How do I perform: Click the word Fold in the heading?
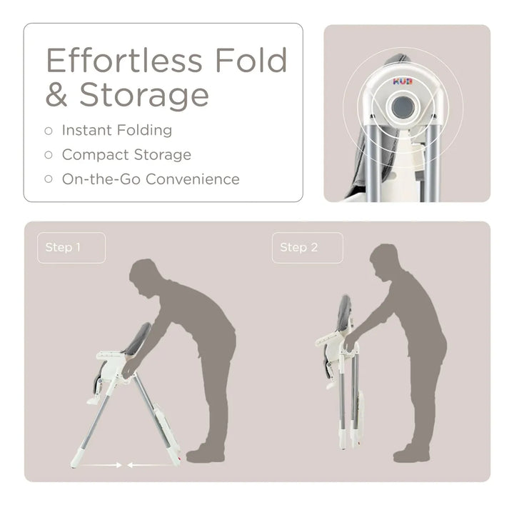(251, 61)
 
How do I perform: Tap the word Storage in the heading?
(144, 95)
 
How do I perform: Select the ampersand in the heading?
(60, 95)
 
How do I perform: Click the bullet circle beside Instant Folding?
(49, 131)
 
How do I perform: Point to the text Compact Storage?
(126, 154)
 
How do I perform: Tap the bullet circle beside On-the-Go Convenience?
(49, 179)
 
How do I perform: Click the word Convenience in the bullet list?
(192, 179)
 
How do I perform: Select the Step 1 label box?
(71, 248)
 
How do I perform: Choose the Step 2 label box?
(307, 248)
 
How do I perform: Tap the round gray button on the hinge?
(403, 108)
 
